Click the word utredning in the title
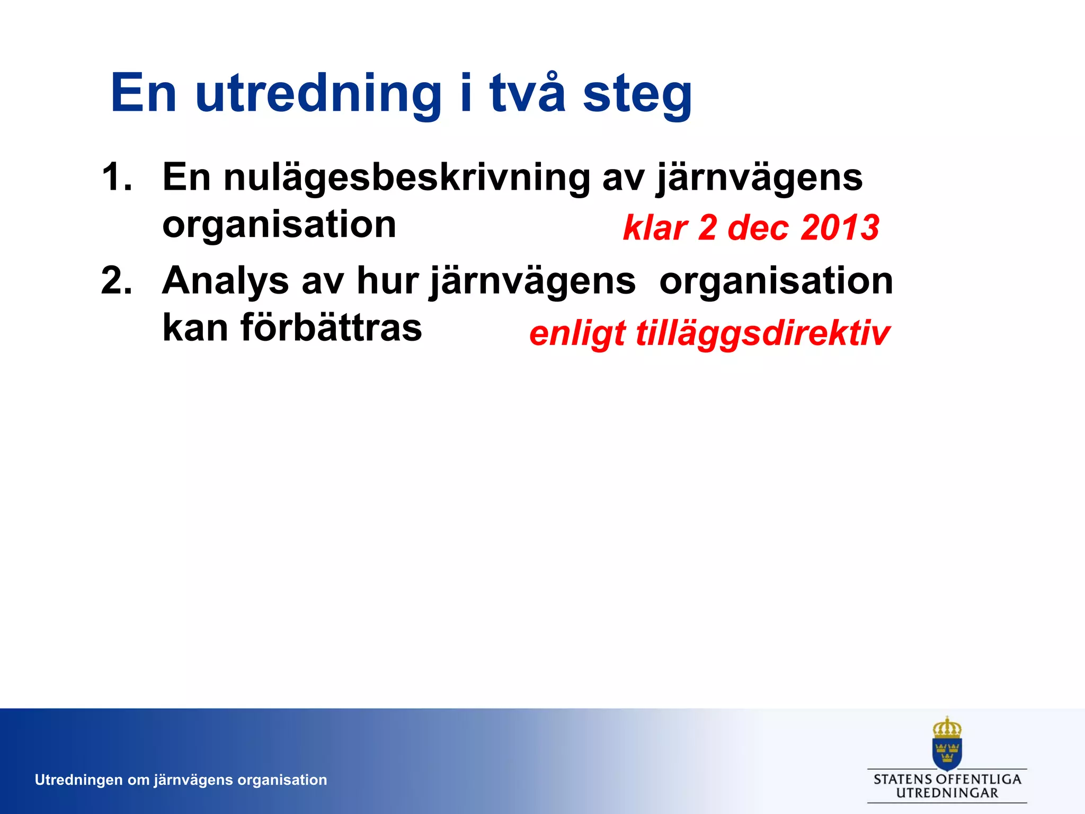click(318, 94)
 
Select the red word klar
click(655, 228)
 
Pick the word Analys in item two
click(225, 281)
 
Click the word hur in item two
click(387, 280)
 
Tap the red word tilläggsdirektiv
click(762, 334)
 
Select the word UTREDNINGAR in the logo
click(947, 793)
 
